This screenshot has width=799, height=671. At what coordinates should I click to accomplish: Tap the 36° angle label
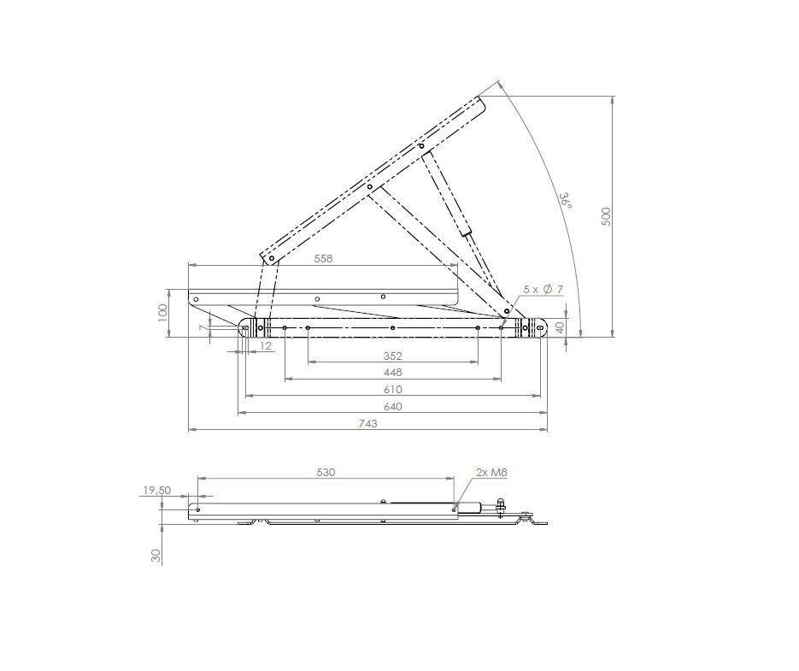[565, 200]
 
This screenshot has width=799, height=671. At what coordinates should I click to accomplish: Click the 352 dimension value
[392, 355]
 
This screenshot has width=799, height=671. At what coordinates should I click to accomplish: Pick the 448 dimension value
[392, 372]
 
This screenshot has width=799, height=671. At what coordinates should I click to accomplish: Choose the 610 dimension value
[392, 389]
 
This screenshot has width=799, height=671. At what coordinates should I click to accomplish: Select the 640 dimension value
[392, 406]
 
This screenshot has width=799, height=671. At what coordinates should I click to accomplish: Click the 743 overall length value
[368, 423]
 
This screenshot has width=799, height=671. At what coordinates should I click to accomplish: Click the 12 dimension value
[266, 345]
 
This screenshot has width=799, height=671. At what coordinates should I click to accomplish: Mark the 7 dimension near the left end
[203, 327]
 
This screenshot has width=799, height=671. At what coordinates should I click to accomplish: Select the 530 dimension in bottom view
[326, 471]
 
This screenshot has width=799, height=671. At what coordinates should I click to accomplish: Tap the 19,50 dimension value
[157, 491]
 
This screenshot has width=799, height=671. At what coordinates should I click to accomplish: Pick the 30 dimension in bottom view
[156, 555]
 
